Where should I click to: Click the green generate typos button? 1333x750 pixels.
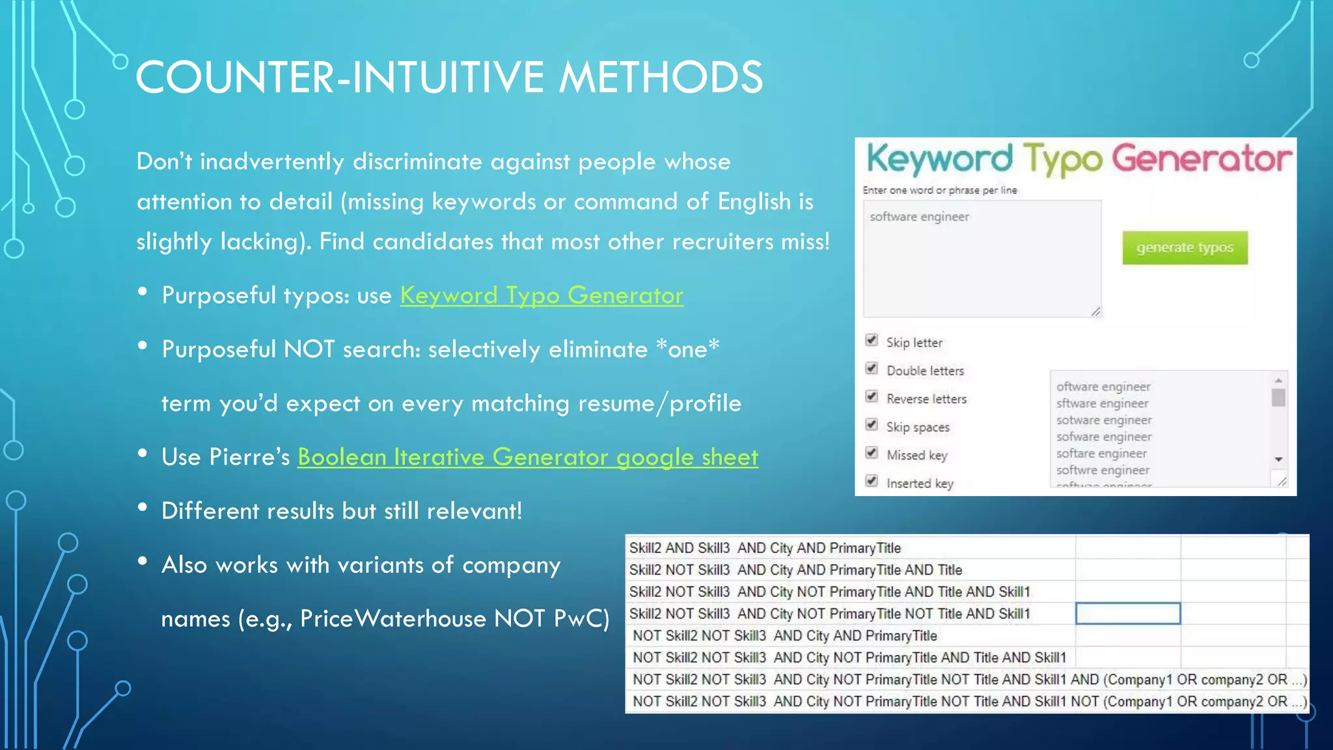click(x=1185, y=247)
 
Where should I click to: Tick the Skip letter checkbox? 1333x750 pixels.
click(x=872, y=340)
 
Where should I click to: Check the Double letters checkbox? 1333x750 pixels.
click(x=872, y=368)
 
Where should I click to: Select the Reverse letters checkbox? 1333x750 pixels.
click(x=872, y=396)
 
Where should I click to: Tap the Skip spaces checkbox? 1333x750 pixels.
click(x=872, y=425)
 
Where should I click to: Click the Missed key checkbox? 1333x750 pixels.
click(x=872, y=453)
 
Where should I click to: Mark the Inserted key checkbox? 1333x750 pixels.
click(x=872, y=481)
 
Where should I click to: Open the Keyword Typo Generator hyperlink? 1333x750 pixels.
click(x=542, y=296)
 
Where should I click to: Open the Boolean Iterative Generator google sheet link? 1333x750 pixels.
click(x=528, y=457)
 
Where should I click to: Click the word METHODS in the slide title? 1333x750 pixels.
click(x=661, y=77)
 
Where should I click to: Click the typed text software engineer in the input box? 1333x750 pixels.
click(x=919, y=217)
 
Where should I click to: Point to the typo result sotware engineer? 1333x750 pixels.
click(x=1104, y=420)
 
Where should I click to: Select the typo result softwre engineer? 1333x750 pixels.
click(x=1103, y=470)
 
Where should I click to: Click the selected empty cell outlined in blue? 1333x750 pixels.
click(x=1128, y=613)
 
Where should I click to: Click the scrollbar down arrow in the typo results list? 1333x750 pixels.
click(x=1278, y=460)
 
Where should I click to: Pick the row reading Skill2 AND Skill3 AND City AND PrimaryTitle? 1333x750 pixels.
click(x=765, y=548)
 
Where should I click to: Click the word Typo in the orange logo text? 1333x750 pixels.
click(x=1062, y=160)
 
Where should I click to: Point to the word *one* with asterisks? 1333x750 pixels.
click(x=687, y=349)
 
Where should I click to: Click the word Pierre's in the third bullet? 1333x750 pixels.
click(x=249, y=457)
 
